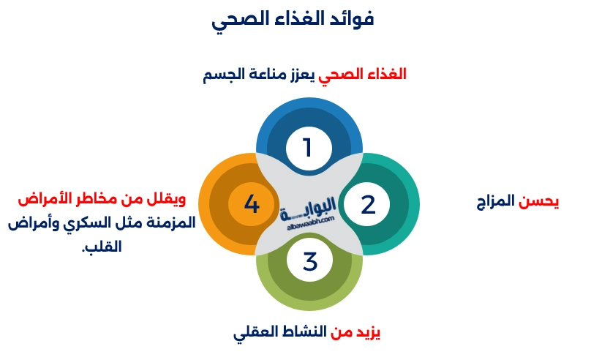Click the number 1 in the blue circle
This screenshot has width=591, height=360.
307,148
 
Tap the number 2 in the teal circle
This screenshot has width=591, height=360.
368,204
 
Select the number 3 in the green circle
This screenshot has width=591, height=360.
310,260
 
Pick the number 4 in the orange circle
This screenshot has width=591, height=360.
252,204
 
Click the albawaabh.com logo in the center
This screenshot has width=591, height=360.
308,211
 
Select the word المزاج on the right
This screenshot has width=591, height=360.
495,201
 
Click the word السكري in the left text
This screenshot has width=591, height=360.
96,222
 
